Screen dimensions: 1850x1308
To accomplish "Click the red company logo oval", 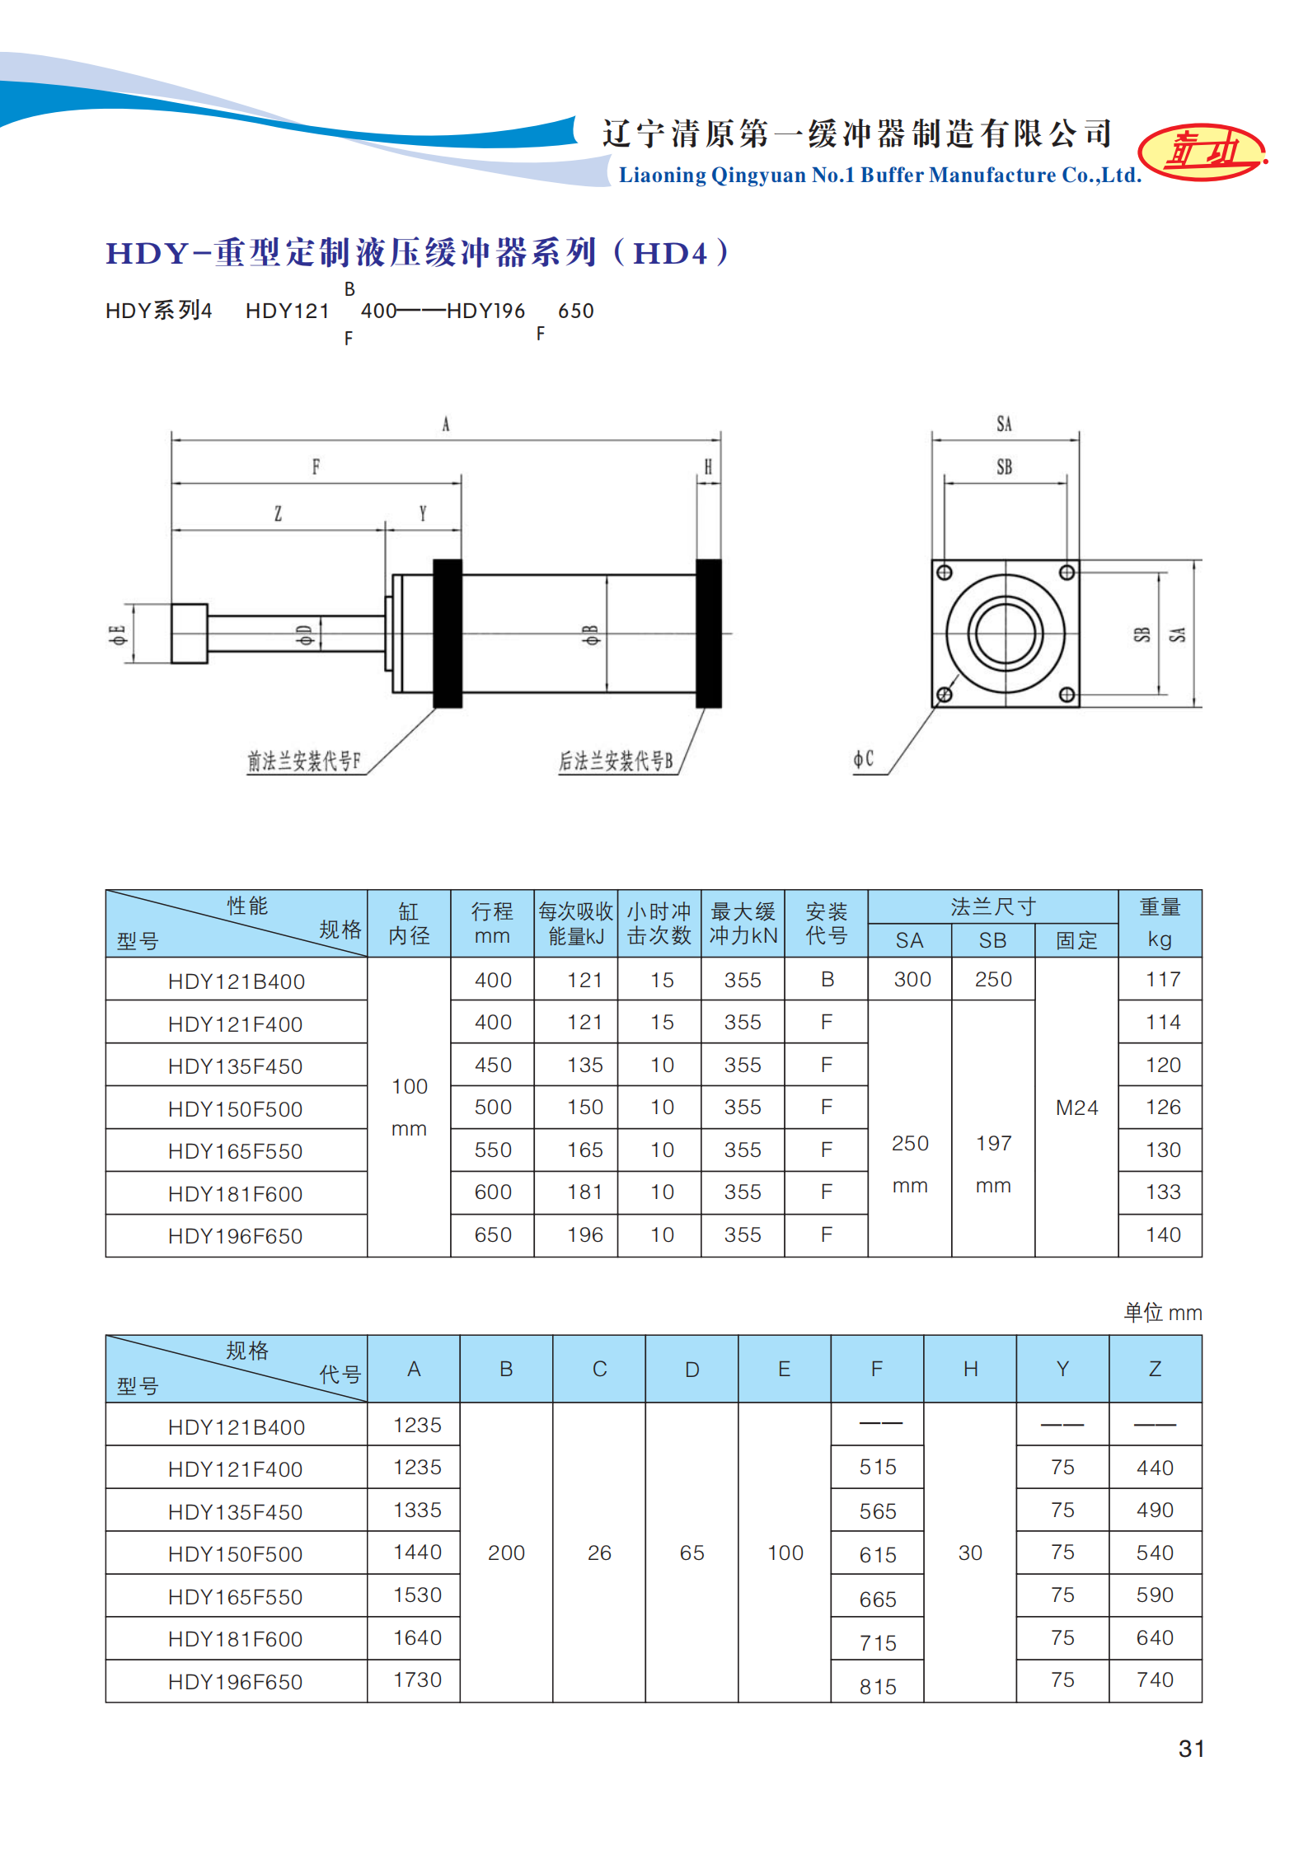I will coord(1202,152).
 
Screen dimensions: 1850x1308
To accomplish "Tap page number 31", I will coord(1191,1748).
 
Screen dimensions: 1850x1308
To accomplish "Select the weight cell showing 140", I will coord(1163,1234).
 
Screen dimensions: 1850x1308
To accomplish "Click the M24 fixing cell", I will coord(1076,1108).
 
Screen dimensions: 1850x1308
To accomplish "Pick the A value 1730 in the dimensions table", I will coord(417,1679).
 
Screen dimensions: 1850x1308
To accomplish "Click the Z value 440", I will coord(1155,1468).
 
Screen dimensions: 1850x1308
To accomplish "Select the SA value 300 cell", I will coord(912,979).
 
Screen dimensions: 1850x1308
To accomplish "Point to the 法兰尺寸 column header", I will coord(992,906).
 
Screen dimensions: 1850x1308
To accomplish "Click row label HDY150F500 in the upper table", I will coord(235,1109).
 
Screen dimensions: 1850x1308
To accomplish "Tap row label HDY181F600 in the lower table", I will coord(235,1639).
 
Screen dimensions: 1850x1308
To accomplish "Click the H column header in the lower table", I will coord(970,1369).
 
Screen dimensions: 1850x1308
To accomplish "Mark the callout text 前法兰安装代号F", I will coord(303,761).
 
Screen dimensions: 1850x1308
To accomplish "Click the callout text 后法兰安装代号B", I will coord(616,761).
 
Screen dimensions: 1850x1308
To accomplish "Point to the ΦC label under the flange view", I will coord(863,759).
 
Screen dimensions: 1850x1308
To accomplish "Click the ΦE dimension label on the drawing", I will coord(118,635).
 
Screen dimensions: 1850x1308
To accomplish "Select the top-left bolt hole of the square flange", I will coord(945,573).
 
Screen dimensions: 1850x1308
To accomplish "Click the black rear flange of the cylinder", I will coord(709,633).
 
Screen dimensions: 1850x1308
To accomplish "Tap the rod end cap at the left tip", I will coord(189,634).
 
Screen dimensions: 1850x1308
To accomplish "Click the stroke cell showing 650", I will coord(493,1234).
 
